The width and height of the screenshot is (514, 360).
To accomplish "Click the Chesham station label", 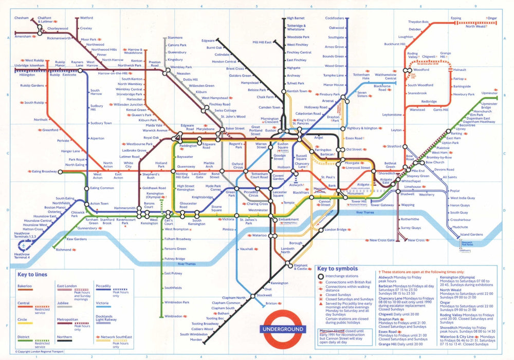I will click(x=22, y=18).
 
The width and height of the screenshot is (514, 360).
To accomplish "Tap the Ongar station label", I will click(x=492, y=18).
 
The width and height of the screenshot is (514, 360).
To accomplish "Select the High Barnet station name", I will click(x=296, y=18).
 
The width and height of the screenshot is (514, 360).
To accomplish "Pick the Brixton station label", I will click(x=271, y=304).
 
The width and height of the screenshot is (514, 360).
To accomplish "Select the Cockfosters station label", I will click(x=335, y=18).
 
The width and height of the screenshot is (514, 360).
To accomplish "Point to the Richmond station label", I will click(x=63, y=250).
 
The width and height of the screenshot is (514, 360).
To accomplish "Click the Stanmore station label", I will click(x=175, y=37).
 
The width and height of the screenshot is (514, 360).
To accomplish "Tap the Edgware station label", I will click(x=208, y=40).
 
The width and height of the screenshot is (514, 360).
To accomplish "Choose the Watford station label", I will click(x=86, y=18).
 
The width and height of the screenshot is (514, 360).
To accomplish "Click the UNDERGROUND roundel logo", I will click(x=284, y=329).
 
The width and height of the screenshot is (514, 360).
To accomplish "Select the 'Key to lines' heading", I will click(x=32, y=274).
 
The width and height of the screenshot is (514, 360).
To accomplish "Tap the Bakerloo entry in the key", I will click(x=26, y=286).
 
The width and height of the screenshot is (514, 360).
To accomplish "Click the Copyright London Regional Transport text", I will click(x=39, y=352).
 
